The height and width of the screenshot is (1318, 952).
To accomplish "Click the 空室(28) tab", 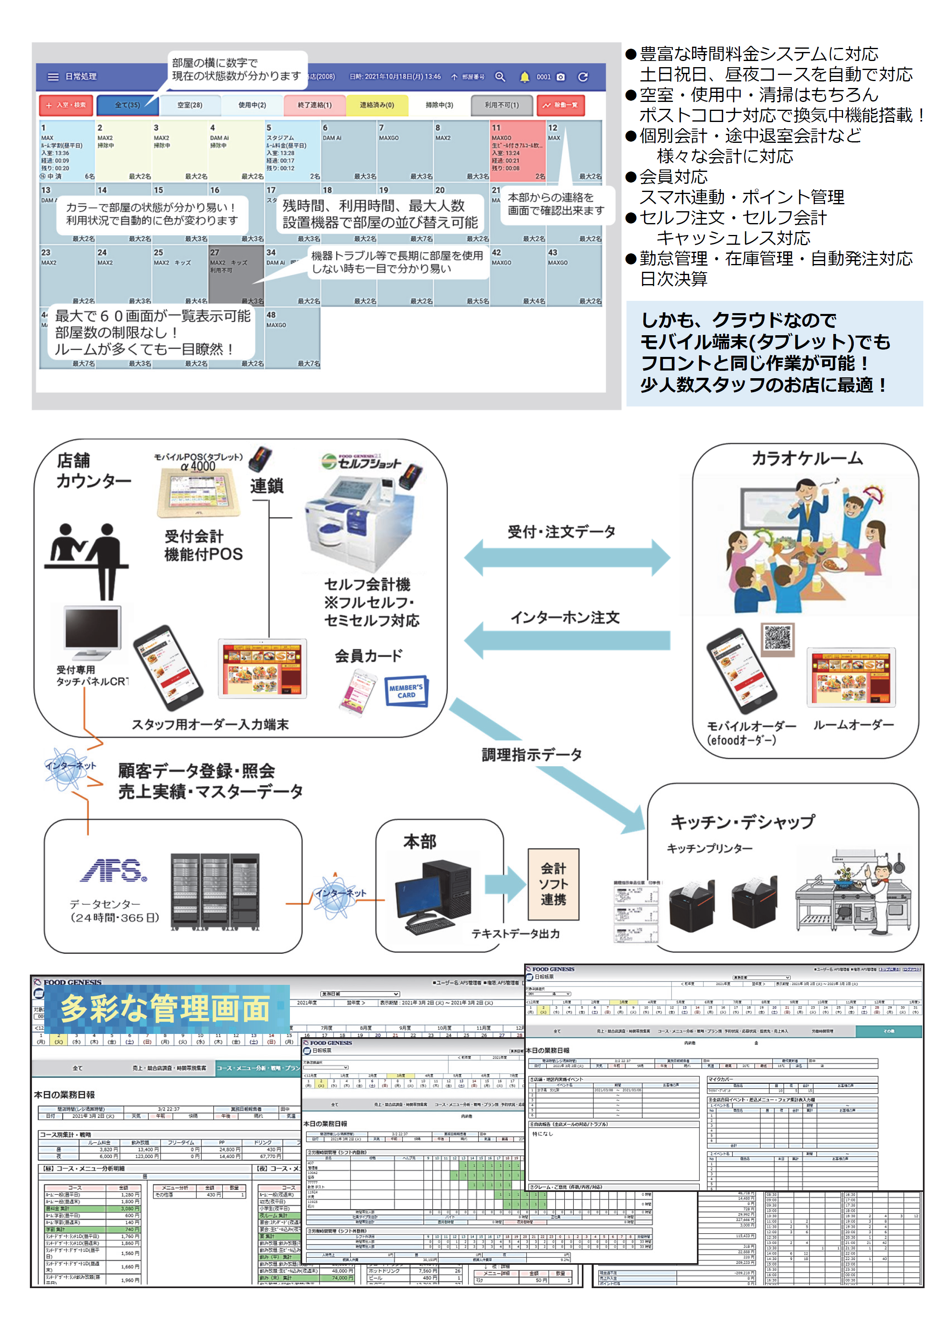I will pos(190,105).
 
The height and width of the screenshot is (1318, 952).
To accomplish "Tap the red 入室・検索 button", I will pos(66,105).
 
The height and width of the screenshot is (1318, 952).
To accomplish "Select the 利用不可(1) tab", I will pos(502,105).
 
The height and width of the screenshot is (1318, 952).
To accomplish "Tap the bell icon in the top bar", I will pos(524,77).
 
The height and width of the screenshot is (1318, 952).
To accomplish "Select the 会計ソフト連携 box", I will pos(553,884).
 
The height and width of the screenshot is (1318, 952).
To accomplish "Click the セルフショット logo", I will pos(362,462).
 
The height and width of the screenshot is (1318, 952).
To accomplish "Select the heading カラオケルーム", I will pos(807,458).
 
